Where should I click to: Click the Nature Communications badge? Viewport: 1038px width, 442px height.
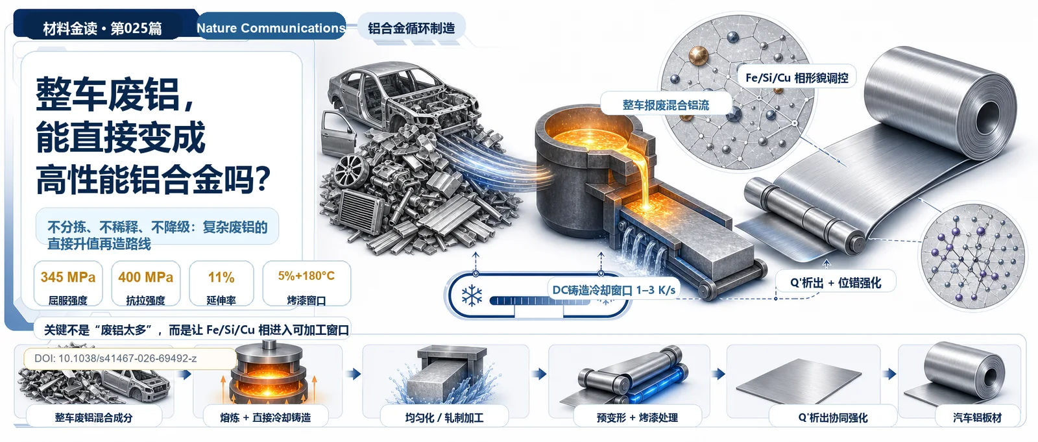(x=271, y=28)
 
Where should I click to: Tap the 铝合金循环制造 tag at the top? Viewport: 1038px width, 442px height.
(x=411, y=28)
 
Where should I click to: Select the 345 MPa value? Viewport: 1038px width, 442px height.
(x=68, y=277)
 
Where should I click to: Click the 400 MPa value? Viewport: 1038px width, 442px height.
(x=145, y=277)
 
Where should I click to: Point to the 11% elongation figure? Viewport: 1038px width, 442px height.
(x=221, y=277)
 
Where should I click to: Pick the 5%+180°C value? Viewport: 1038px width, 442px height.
(x=306, y=276)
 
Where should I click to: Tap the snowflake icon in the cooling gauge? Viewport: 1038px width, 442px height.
(x=472, y=295)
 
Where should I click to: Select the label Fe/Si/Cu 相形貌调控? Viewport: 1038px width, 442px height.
(x=797, y=77)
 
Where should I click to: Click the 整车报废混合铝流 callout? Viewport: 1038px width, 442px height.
(x=666, y=104)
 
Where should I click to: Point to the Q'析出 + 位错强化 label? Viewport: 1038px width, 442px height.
(x=836, y=282)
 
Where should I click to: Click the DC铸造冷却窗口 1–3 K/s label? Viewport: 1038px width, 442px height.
(x=614, y=290)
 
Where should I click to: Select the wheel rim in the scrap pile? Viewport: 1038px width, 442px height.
(x=351, y=170)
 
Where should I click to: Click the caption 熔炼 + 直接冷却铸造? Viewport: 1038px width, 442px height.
(x=265, y=417)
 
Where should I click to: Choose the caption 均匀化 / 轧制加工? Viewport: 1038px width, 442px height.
(x=444, y=417)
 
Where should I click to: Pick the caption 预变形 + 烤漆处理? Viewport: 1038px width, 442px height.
(x=637, y=417)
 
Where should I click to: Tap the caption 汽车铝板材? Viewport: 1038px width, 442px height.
(x=977, y=417)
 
